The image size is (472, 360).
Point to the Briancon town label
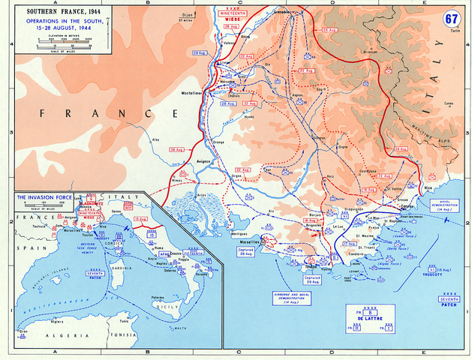(x=370, y=52)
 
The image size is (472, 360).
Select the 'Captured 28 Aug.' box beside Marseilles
(x=245, y=252)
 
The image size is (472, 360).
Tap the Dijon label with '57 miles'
(x=185, y=17)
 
